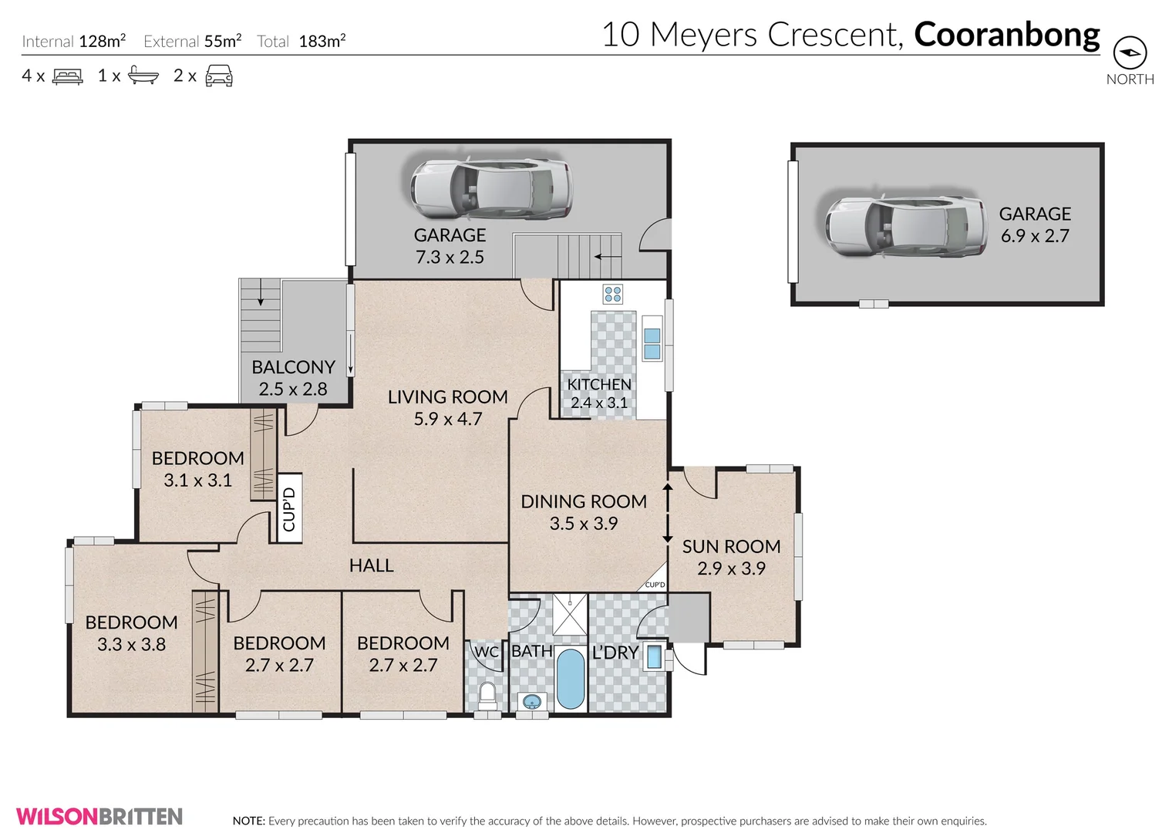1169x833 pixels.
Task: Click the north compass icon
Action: pyautogui.click(x=1130, y=53)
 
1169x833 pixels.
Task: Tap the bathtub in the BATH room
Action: pyautogui.click(x=571, y=679)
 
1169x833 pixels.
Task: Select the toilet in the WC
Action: pyautogui.click(x=487, y=694)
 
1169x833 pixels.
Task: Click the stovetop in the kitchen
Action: pyautogui.click(x=613, y=294)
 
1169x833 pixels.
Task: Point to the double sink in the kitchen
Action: pyautogui.click(x=652, y=343)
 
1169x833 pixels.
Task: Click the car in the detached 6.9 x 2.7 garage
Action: pyautogui.click(x=905, y=227)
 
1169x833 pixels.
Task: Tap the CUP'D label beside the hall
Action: pyautogui.click(x=289, y=509)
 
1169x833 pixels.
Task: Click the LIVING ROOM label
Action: pyautogui.click(x=447, y=397)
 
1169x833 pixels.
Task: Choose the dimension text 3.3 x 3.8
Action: pyautogui.click(x=131, y=645)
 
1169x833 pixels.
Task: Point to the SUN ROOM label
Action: pyautogui.click(x=731, y=547)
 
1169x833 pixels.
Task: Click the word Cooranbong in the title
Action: pyautogui.click(x=1006, y=35)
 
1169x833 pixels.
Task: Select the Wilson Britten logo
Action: pyautogui.click(x=99, y=816)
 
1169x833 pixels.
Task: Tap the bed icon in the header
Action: pyautogui.click(x=68, y=76)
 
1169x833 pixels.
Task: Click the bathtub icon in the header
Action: pyautogui.click(x=143, y=76)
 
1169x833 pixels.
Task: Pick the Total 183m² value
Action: pyautogui.click(x=322, y=42)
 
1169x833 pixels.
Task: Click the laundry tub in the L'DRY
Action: pyautogui.click(x=654, y=657)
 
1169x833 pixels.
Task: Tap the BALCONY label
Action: pyautogui.click(x=293, y=367)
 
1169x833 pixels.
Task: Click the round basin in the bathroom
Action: pyautogui.click(x=531, y=702)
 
